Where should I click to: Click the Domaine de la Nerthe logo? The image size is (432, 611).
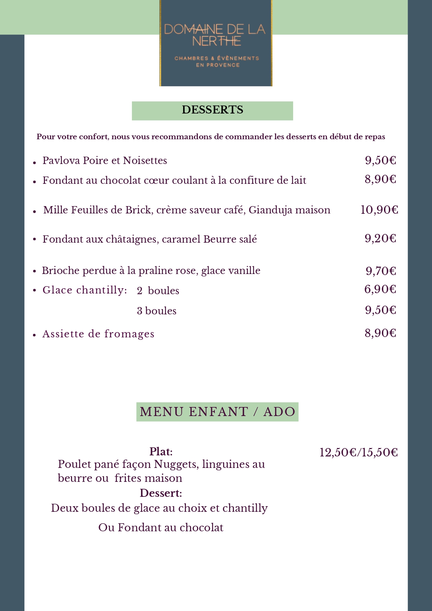click(x=216, y=43)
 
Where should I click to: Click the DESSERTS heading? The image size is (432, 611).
click(x=212, y=110)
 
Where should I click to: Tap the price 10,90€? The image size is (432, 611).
click(x=379, y=210)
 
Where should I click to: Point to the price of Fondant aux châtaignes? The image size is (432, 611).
click(x=380, y=238)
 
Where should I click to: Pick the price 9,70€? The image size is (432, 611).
click(x=380, y=271)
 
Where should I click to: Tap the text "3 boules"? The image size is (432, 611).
click(x=157, y=311)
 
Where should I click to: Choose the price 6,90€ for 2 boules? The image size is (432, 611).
click(x=380, y=289)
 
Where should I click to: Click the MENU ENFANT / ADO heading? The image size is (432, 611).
click(x=217, y=412)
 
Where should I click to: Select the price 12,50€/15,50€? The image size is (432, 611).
click(x=359, y=453)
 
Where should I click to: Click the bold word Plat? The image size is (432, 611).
click(x=160, y=452)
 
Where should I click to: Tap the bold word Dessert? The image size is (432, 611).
click(x=160, y=493)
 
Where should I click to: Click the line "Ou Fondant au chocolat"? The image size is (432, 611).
click(x=161, y=527)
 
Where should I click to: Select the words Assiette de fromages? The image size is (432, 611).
click(x=98, y=334)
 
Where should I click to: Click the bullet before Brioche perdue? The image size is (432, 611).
click(x=34, y=271)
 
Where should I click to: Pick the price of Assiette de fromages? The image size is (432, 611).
click(x=380, y=333)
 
